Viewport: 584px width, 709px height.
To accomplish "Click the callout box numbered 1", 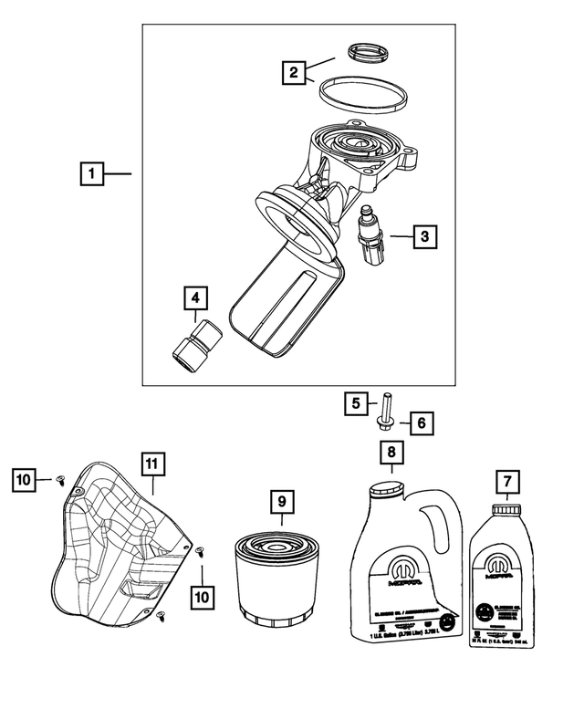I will (x=91, y=172).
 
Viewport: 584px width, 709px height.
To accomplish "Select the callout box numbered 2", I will (x=294, y=72).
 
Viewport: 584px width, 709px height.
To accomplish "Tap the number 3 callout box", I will (x=423, y=237).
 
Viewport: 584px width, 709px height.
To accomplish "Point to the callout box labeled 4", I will (x=195, y=298).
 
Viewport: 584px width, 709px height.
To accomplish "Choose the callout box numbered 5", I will (x=355, y=401).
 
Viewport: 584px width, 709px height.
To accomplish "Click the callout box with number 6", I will (x=422, y=423).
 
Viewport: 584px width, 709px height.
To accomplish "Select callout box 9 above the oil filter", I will (x=282, y=500).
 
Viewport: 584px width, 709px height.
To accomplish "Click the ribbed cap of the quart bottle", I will (x=505, y=508).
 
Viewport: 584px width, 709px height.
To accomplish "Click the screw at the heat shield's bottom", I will (x=161, y=618).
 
